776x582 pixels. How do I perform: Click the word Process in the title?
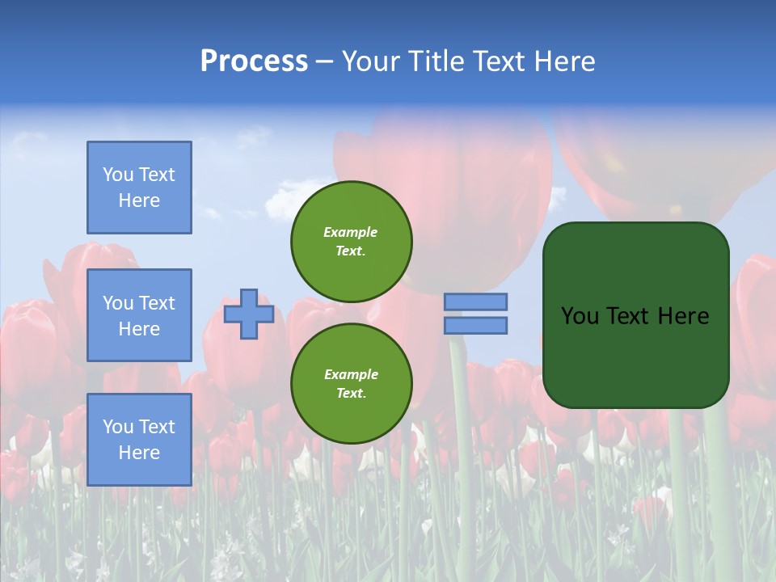(x=254, y=61)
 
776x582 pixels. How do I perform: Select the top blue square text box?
(x=139, y=188)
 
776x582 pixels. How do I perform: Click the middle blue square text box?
(x=139, y=315)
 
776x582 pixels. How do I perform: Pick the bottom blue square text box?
(x=139, y=440)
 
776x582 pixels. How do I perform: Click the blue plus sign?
(x=249, y=314)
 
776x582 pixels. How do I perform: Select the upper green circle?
(x=352, y=242)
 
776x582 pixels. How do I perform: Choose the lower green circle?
(x=352, y=384)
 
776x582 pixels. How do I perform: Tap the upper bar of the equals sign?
(x=476, y=302)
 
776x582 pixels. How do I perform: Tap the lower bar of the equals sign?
(x=476, y=325)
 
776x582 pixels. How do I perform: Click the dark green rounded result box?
(x=636, y=356)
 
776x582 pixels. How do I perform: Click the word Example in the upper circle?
(x=350, y=232)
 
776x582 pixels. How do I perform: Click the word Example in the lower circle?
(x=350, y=374)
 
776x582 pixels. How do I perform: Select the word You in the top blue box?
(x=118, y=175)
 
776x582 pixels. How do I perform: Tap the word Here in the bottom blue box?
(x=139, y=453)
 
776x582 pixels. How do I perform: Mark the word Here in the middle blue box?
(x=139, y=329)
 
